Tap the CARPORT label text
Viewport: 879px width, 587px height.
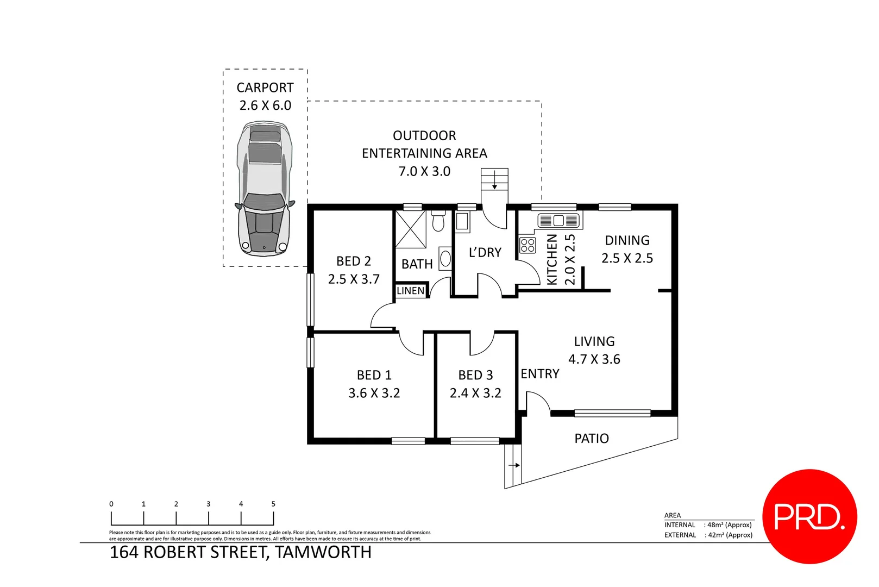coord(265,88)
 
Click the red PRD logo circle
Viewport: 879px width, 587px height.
coord(809,516)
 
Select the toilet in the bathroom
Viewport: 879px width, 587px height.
coord(438,221)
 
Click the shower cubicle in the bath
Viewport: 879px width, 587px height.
coord(411,229)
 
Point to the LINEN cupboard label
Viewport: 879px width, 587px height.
coord(411,291)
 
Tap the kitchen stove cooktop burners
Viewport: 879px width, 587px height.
coord(528,245)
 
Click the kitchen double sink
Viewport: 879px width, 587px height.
coord(558,221)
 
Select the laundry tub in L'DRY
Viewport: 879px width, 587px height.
coord(462,221)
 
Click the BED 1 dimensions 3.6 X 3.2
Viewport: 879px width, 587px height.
coord(374,393)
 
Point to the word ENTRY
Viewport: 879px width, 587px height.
coord(539,374)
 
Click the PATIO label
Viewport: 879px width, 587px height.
coord(592,439)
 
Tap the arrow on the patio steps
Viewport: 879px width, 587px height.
coord(514,465)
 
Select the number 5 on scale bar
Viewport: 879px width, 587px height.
coord(273,504)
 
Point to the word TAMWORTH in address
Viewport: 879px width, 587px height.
coord(323,552)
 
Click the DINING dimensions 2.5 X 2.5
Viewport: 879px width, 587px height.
coord(627,258)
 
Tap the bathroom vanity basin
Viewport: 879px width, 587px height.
coord(445,259)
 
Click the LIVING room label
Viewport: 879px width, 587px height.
coord(594,341)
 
